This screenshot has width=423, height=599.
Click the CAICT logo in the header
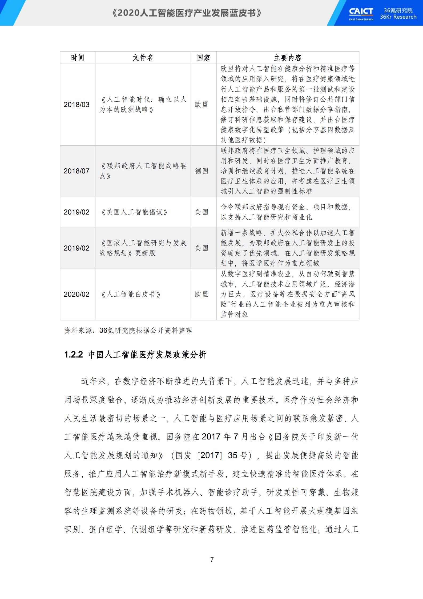361,13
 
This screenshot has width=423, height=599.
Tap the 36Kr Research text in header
398,17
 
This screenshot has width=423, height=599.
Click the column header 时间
78,58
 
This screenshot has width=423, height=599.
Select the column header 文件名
143,58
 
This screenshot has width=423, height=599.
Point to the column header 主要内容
288,58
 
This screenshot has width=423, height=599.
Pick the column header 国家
203,58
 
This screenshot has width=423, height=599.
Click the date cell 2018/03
76,105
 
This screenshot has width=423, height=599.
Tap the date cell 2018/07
76,171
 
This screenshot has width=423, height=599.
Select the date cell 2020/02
76,294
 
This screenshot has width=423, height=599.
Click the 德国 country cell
202,171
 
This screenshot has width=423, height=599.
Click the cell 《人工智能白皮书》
131,294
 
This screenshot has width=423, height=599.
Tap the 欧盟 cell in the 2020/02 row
202,294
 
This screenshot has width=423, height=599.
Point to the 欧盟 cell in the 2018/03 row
202,105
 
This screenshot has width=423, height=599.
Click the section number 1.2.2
74,355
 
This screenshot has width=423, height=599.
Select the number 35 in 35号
233,455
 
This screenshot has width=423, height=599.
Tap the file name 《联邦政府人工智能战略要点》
143,171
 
